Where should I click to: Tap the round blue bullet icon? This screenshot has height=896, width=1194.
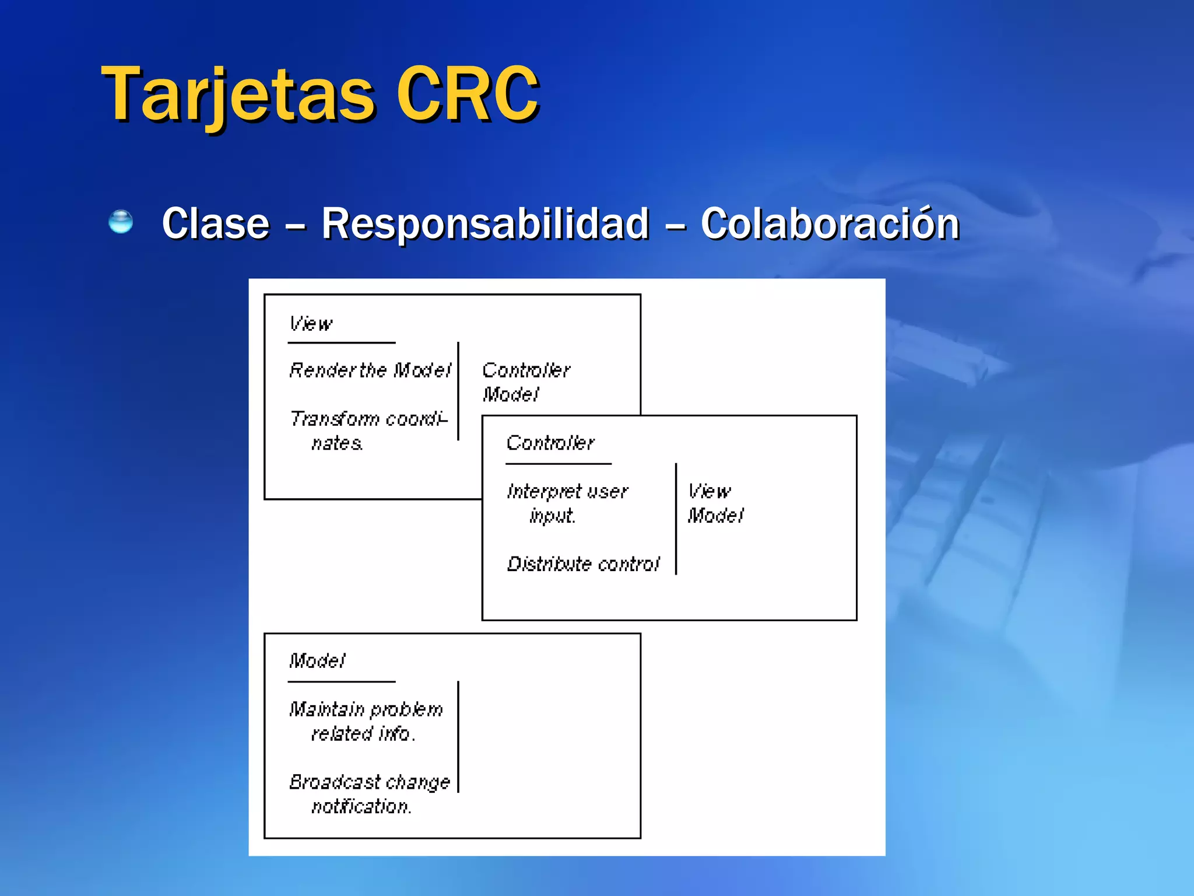click(x=121, y=222)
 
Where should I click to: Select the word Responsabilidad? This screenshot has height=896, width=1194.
click(x=485, y=223)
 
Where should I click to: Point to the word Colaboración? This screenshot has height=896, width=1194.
click(x=830, y=223)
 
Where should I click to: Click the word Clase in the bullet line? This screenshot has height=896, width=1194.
click(x=216, y=223)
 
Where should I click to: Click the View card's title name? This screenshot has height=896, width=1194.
click(x=311, y=323)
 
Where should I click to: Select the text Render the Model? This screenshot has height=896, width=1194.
click(x=370, y=370)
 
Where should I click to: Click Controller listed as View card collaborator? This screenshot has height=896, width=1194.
click(x=526, y=370)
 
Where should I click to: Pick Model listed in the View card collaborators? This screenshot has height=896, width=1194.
click(x=511, y=394)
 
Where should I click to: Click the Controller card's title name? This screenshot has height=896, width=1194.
click(x=550, y=443)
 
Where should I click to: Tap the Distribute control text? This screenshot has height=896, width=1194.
click(x=583, y=564)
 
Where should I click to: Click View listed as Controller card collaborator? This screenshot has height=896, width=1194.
click(x=708, y=491)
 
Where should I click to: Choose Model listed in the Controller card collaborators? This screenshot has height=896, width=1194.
click(x=715, y=516)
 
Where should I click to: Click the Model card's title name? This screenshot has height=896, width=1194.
click(x=317, y=660)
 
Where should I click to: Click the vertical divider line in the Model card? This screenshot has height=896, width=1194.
click(x=458, y=736)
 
